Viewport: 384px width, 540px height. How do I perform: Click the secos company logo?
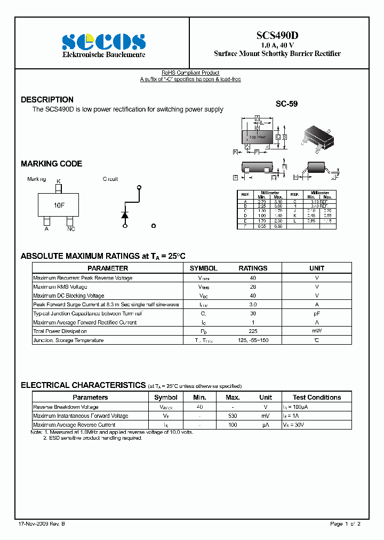[x=103, y=42]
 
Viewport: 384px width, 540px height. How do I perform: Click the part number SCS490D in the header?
[x=277, y=35]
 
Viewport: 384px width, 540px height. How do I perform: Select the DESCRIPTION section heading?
[x=47, y=100]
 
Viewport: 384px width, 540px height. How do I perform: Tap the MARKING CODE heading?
[x=51, y=164]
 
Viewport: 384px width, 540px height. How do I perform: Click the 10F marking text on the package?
[x=59, y=205]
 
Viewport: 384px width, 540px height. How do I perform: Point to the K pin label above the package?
[x=59, y=181]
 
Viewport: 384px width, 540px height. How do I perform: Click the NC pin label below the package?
[x=71, y=229]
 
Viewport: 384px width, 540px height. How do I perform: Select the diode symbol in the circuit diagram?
[x=125, y=214]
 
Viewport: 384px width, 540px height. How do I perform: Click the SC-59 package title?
[x=286, y=104]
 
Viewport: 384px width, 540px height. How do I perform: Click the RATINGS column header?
[x=253, y=268]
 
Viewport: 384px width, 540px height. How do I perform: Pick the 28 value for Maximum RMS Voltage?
[x=253, y=287]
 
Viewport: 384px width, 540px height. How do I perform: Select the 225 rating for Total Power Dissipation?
[x=253, y=331]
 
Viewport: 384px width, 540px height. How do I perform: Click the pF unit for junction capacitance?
[x=317, y=314]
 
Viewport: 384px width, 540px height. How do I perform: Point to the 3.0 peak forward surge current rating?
[x=253, y=305]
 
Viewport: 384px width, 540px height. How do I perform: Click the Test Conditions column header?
[x=317, y=398]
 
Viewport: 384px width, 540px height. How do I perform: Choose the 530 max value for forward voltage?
[x=233, y=416]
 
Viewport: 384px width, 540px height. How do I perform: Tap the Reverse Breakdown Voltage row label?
[x=66, y=407]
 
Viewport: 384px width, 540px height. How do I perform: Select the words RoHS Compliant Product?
[x=190, y=73]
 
